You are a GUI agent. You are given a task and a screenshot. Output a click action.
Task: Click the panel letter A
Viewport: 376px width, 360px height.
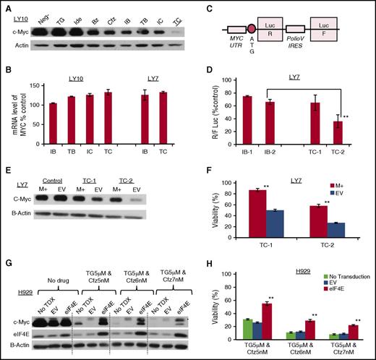[x=6, y=5]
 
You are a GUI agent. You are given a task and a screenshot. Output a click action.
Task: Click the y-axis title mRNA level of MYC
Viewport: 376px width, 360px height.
[x=12, y=105]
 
